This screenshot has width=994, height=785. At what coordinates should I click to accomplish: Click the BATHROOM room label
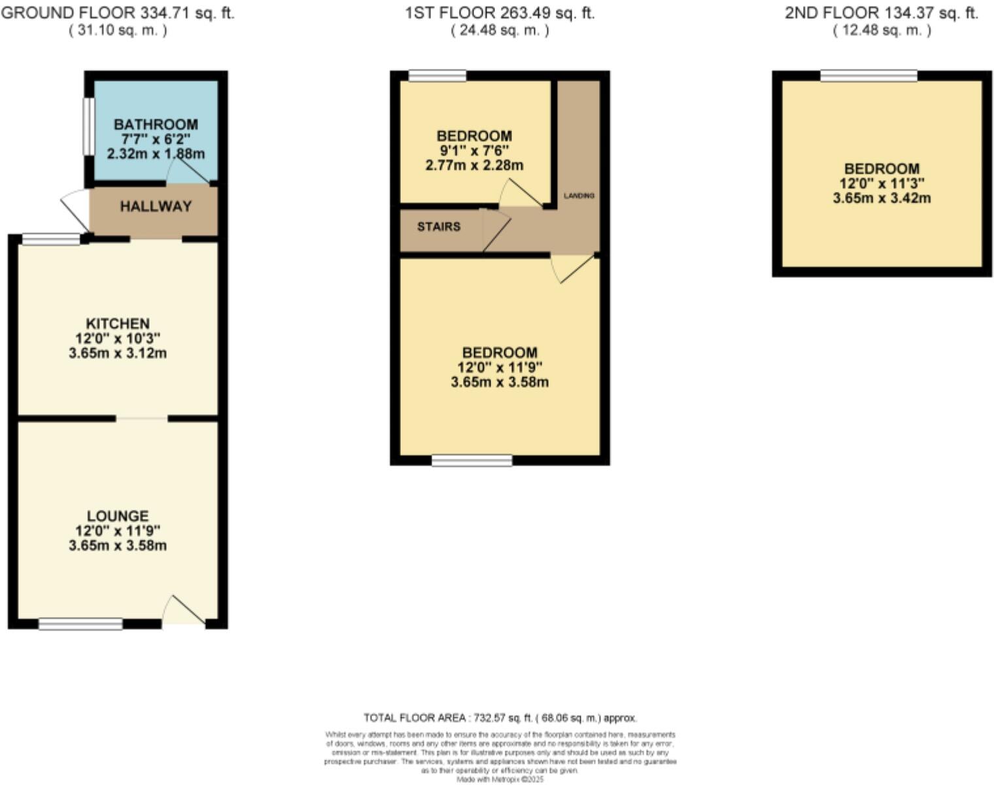pyautogui.click(x=156, y=124)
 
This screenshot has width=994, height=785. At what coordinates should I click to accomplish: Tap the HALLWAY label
pyautogui.click(x=156, y=207)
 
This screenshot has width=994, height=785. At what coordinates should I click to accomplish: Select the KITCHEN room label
pyautogui.click(x=118, y=324)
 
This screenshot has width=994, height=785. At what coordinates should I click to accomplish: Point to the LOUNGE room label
pyautogui.click(x=118, y=516)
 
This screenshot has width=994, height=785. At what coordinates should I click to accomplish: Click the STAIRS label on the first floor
pyautogui.click(x=439, y=227)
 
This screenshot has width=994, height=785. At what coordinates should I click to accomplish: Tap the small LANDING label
pyautogui.click(x=579, y=196)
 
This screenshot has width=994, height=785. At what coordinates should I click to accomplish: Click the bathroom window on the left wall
pyautogui.click(x=87, y=126)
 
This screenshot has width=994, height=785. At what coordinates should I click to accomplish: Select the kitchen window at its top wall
pyautogui.click(x=52, y=239)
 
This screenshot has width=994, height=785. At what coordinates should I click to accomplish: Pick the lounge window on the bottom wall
pyautogui.click(x=80, y=624)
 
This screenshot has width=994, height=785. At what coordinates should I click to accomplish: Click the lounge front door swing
pyautogui.click(x=184, y=611)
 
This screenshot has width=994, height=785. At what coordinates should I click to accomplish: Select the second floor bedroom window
pyautogui.click(x=868, y=76)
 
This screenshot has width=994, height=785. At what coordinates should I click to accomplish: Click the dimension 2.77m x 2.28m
pyautogui.click(x=474, y=166)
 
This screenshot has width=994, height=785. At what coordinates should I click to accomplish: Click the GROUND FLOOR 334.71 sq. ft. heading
pyautogui.click(x=118, y=13)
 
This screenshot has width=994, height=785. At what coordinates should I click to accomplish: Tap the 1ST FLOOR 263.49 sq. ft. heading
pyautogui.click(x=500, y=13)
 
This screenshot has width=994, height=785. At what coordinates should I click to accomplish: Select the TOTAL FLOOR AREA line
pyautogui.click(x=500, y=718)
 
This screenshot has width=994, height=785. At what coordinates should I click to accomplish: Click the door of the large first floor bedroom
pyautogui.click(x=573, y=268)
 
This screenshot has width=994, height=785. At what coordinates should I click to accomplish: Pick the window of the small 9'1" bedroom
pyautogui.click(x=437, y=76)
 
